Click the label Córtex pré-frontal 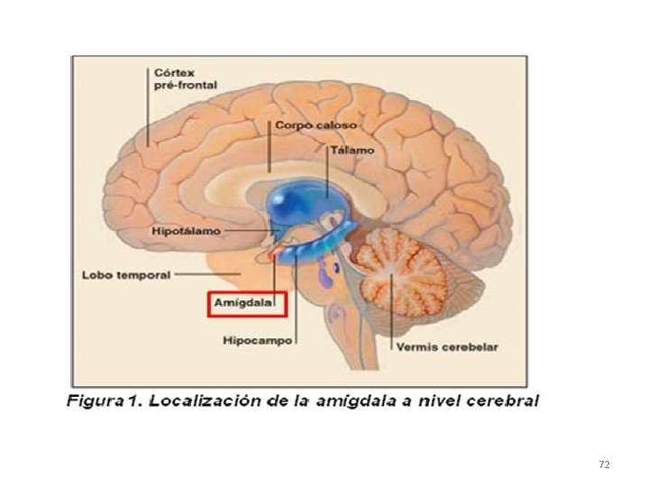[179, 79]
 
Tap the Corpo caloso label [315, 125]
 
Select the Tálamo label [352, 150]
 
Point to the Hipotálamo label [184, 232]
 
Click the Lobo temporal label [125, 274]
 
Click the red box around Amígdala [247, 305]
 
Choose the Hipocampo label [257, 341]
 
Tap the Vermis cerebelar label [445, 346]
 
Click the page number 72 [604, 464]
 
